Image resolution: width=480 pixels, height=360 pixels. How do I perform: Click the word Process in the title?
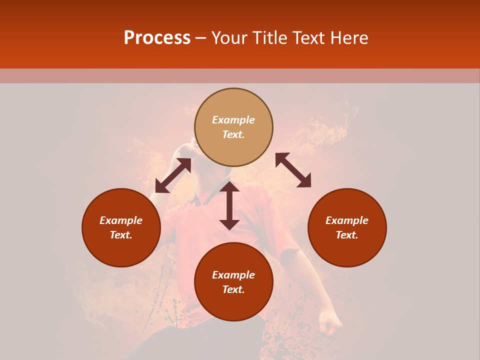click(157, 38)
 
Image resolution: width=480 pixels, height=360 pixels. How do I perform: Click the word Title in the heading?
click(270, 38)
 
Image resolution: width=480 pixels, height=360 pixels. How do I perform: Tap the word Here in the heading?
click(348, 38)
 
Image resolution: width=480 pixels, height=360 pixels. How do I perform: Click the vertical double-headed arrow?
click(229, 205)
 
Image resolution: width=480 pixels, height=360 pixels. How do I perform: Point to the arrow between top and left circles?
click(173, 175)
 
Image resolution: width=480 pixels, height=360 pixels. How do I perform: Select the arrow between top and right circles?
click(293, 170)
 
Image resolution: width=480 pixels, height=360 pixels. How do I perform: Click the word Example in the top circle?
click(233, 120)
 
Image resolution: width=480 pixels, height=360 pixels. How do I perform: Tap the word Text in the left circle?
click(121, 235)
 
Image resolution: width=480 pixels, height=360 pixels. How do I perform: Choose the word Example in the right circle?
click(347, 220)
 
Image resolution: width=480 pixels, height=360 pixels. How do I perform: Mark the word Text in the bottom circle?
click(233, 289)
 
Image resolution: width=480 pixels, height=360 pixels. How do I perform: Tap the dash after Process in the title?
click(201, 38)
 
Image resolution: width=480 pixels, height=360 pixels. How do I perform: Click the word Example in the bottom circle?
click(233, 275)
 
